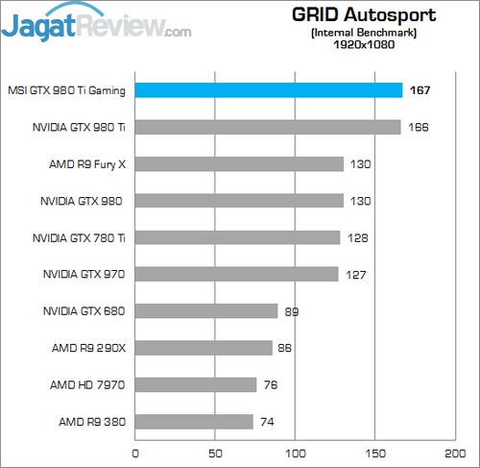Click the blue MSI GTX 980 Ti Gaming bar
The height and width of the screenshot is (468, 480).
pos(269,90)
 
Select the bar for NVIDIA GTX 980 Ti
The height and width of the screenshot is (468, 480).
pos(268,127)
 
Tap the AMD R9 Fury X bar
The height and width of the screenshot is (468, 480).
pos(239,164)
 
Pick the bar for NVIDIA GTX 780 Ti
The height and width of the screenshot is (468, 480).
pos(238,237)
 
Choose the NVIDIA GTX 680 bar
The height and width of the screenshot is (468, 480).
pos(206,310)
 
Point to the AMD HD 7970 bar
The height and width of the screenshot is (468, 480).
pos(196,384)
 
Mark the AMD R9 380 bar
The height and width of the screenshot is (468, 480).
pos(194,421)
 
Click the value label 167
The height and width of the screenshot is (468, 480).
pos(418,90)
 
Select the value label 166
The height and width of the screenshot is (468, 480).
pos(418,127)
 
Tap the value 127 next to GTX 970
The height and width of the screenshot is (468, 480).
pos(356,275)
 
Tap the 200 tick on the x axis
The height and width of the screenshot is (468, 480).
pos(452,451)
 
